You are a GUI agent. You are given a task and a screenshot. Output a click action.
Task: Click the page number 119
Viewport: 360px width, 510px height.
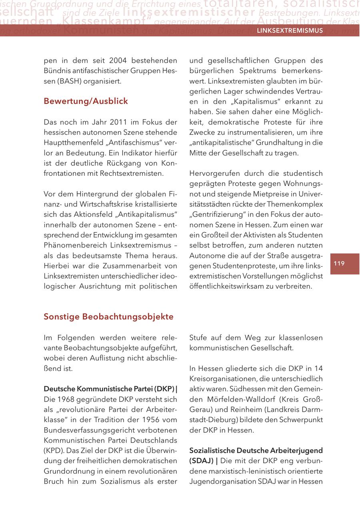339,263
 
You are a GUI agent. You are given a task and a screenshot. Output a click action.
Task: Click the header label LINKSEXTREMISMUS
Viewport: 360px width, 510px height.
289,31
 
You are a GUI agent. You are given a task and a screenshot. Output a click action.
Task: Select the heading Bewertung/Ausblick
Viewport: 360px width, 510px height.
86,101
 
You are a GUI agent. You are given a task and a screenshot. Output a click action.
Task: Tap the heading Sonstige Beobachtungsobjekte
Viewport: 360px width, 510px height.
108,317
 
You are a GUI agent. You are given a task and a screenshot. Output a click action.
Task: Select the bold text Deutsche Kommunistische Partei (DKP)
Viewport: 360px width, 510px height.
108,389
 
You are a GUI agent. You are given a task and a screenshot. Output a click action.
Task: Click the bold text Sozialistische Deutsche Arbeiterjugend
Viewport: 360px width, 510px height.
256,450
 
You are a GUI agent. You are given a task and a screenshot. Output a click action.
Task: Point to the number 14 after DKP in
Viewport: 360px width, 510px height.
318,368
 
